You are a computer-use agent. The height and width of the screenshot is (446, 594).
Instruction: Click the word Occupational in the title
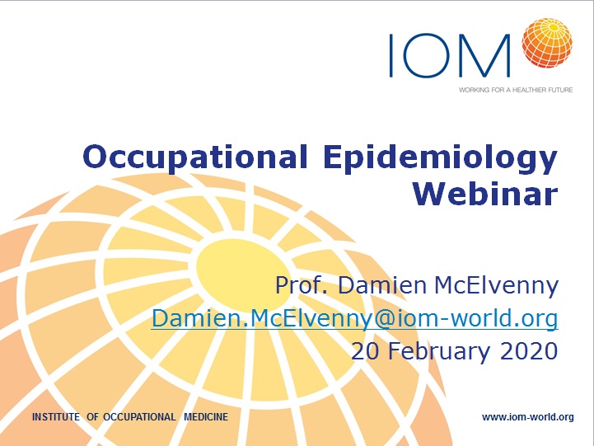pyautogui.click(x=194, y=157)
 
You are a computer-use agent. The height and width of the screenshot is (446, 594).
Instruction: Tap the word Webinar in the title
pyautogui.click(x=485, y=194)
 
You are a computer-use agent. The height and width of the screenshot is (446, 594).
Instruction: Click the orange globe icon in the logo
pyautogui.click(x=547, y=43)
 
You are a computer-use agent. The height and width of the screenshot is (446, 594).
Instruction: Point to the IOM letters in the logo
pyautogui.click(x=449, y=55)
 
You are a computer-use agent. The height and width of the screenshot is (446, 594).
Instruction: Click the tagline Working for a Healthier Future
pyautogui.click(x=516, y=90)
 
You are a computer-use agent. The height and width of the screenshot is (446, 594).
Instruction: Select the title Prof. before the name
pyautogui.click(x=302, y=285)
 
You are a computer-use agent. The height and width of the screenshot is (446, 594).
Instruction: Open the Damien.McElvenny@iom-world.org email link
pyautogui.click(x=354, y=319)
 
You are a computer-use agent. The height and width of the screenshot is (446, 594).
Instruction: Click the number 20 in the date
pyautogui.click(x=365, y=351)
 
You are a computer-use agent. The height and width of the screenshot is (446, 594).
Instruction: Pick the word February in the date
pyautogui.click(x=438, y=352)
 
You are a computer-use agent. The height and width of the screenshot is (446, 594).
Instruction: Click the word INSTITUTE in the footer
pyautogui.click(x=56, y=417)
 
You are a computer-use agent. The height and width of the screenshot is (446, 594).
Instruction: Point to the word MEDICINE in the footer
pyautogui.click(x=206, y=417)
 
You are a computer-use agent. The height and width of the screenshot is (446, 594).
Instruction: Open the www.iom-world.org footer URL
pyautogui.click(x=528, y=417)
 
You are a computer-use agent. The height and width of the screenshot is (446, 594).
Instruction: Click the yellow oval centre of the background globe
pyautogui.click(x=244, y=270)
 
